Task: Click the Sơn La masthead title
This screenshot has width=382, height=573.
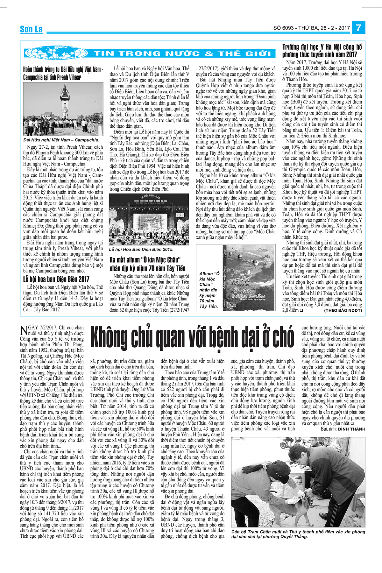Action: [x=31, y=29]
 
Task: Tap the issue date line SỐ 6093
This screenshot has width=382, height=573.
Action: [x=311, y=28]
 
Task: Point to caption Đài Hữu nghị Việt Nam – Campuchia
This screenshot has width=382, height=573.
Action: [x=61, y=140]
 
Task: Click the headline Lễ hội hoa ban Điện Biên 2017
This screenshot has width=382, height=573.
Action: [x=56, y=279]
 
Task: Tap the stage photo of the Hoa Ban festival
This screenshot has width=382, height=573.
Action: [x=149, y=220]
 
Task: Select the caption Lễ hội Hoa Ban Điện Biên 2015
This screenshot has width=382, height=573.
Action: [x=141, y=250]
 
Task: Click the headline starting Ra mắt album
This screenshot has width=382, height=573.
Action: [x=147, y=264]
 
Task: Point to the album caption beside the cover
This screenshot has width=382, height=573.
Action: [x=209, y=290]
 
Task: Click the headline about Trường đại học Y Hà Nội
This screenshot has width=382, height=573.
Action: [x=322, y=51]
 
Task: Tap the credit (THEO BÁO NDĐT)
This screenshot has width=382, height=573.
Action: [x=343, y=310]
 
